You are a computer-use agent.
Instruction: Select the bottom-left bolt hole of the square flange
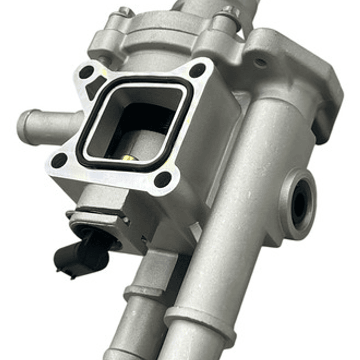(x=59, y=160)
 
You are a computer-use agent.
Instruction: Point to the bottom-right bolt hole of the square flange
(x=163, y=179)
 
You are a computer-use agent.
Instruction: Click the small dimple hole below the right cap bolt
(x=260, y=63)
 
